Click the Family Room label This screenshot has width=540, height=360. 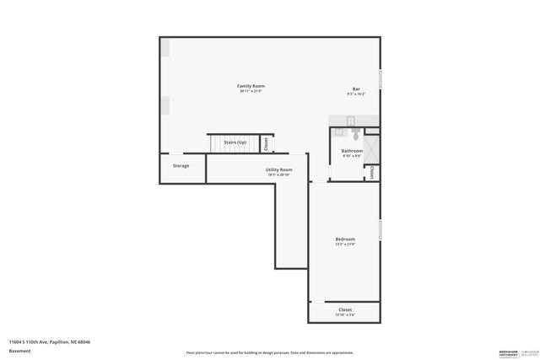251,86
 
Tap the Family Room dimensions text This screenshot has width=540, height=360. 251,91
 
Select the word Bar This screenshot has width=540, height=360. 356,89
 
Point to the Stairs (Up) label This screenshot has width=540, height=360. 235,142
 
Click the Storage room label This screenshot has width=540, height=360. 181,165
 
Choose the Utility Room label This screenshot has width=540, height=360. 279,169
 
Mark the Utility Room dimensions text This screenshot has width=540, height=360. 279,175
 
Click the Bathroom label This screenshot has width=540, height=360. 352,151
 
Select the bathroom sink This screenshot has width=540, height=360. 339,132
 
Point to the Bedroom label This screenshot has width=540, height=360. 345,239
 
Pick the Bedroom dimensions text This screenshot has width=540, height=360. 345,244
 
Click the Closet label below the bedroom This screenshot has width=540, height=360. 345,309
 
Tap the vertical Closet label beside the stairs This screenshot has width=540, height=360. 267,143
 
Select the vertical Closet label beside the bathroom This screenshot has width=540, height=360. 372,172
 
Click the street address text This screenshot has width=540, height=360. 49,341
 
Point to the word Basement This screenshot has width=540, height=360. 19,350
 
